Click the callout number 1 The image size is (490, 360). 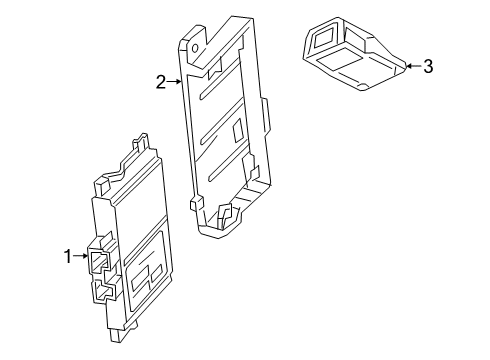coord(68,257)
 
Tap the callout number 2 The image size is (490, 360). coord(160,83)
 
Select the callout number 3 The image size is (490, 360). coord(427,67)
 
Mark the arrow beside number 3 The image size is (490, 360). coord(411,67)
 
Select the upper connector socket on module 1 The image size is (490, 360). coord(99,262)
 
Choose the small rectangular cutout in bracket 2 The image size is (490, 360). coord(238,130)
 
